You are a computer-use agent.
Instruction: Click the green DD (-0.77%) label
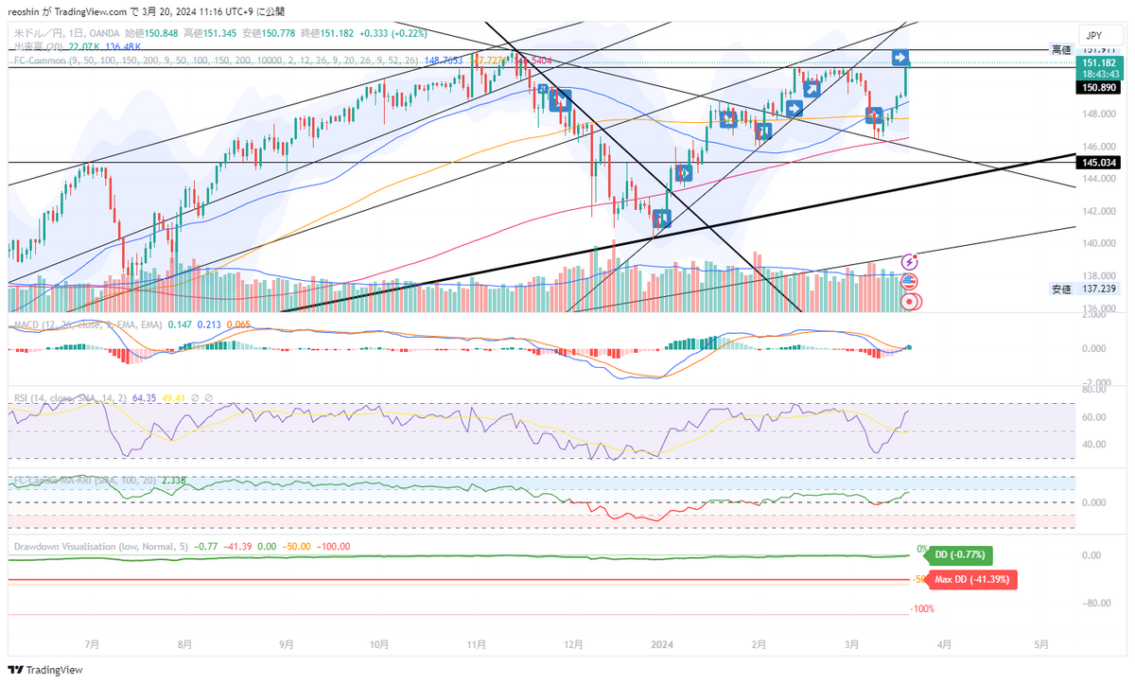click(x=959, y=554)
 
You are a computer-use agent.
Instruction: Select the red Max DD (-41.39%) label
click(x=971, y=579)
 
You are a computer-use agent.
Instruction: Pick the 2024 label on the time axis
click(x=661, y=644)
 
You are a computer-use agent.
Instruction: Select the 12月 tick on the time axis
click(x=571, y=644)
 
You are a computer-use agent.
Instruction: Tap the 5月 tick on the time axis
click(x=1040, y=644)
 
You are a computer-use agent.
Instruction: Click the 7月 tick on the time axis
click(x=92, y=644)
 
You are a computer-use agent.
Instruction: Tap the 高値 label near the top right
click(x=1061, y=49)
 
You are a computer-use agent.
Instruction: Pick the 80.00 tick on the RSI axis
click(x=1094, y=388)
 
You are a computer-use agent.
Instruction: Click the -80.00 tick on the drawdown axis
click(x=1096, y=603)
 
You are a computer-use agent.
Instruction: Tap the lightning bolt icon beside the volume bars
click(x=910, y=261)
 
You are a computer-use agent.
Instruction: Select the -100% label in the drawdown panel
click(x=922, y=609)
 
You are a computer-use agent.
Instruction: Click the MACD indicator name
click(x=26, y=324)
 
